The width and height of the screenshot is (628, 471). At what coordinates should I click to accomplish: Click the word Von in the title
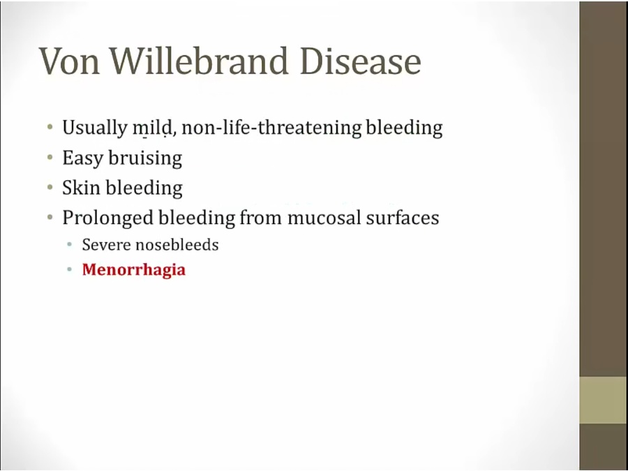[69, 61]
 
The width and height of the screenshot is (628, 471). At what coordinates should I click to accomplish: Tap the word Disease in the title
[361, 61]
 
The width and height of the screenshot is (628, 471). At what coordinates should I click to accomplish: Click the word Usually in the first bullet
[94, 128]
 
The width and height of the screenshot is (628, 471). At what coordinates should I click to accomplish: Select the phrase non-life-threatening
[271, 128]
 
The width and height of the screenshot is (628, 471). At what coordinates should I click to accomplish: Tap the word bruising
[145, 158]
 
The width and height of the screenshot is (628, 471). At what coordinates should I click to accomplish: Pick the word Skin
[81, 188]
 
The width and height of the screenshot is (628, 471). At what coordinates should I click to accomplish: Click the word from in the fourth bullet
[261, 218]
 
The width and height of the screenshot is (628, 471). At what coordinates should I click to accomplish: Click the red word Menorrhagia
[134, 269]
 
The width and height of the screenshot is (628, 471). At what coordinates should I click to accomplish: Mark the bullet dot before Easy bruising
[50, 158]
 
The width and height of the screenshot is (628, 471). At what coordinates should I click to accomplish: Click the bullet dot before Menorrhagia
[70, 269]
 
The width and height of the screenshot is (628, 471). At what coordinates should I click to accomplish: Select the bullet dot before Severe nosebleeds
[70, 244]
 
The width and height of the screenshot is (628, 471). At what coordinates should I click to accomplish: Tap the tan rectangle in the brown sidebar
[604, 400]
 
